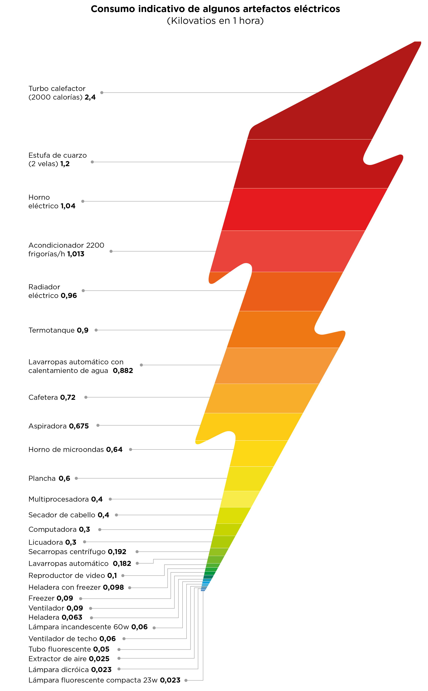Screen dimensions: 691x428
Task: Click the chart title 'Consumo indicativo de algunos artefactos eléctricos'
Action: (x=215, y=9)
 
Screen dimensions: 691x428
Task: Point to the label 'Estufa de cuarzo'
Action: (x=57, y=155)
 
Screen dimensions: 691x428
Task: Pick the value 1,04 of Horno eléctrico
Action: (x=68, y=206)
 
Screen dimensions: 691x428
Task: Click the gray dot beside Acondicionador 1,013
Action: (x=111, y=251)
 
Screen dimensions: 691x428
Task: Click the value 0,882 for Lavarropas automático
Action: (x=123, y=371)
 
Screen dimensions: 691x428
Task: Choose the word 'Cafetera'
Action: (x=43, y=397)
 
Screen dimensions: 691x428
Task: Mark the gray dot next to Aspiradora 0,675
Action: (x=98, y=425)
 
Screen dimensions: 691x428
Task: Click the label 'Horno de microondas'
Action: (x=66, y=449)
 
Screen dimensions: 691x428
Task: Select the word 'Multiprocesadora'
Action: (x=59, y=499)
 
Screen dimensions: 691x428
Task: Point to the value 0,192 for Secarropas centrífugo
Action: (x=117, y=551)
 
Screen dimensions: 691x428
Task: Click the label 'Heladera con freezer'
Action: (x=65, y=587)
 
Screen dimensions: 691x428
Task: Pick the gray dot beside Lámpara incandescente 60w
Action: (x=154, y=628)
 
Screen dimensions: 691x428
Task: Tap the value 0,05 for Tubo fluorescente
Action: (x=101, y=649)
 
